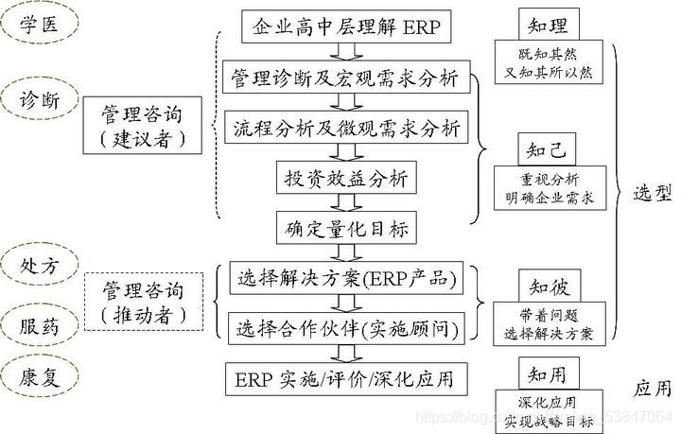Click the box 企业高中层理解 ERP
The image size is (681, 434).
tap(346, 26)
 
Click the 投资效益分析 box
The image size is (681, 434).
tap(346, 178)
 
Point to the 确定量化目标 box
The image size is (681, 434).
tap(346, 228)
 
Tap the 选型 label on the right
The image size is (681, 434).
tap(652, 194)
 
